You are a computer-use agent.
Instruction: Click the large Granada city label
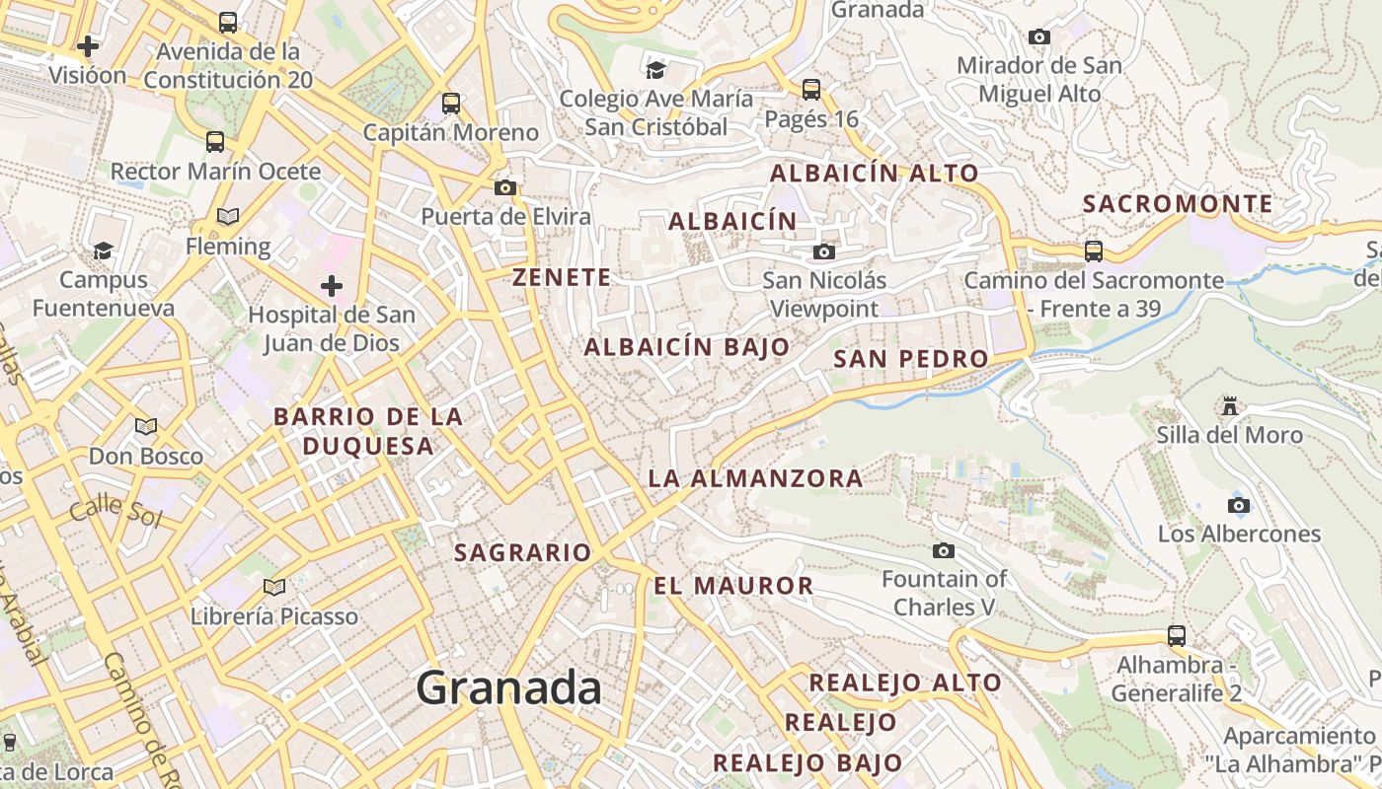pyautogui.click(x=508, y=686)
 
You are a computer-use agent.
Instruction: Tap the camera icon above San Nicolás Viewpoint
pyautogui.click(x=824, y=252)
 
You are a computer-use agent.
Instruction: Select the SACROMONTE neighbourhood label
pyautogui.click(x=1178, y=204)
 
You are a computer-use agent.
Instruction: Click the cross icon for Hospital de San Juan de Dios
pyautogui.click(x=332, y=287)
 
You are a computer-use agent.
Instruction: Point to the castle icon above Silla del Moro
pyautogui.click(x=1229, y=405)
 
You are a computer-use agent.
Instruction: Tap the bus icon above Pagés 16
pyautogui.click(x=811, y=90)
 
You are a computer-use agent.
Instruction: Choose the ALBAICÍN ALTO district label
pyautogui.click(x=874, y=173)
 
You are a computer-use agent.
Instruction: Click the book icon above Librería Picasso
pyautogui.click(x=274, y=588)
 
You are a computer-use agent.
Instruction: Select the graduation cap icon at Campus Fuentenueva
pyautogui.click(x=103, y=251)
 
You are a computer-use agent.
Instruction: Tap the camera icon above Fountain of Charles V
pyautogui.click(x=944, y=550)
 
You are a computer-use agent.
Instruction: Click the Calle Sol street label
pyautogui.click(x=115, y=510)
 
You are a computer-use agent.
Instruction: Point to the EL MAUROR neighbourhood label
pyautogui.click(x=733, y=586)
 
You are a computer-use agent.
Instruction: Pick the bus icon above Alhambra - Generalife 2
pyautogui.click(x=1176, y=635)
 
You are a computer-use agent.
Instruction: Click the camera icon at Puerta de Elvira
pyautogui.click(x=505, y=187)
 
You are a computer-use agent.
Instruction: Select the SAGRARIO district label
pyautogui.click(x=522, y=553)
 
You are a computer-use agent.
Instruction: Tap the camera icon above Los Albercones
pyautogui.click(x=1239, y=506)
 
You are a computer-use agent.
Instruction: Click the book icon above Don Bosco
pyautogui.click(x=146, y=427)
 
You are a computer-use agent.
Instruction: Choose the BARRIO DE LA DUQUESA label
pyautogui.click(x=368, y=431)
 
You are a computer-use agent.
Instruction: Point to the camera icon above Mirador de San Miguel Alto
pyautogui.click(x=1038, y=37)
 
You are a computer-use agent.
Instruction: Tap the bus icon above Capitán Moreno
pyautogui.click(x=451, y=103)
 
